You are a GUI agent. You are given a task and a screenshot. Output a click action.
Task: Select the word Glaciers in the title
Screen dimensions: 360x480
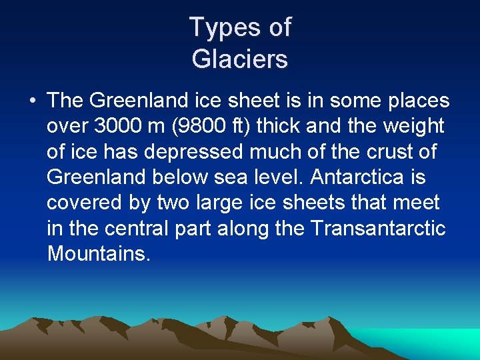click(240, 59)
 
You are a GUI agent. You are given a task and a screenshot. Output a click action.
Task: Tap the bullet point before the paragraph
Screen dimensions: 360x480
click(33, 101)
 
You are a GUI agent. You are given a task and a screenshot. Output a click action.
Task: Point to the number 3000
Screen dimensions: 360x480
click(118, 126)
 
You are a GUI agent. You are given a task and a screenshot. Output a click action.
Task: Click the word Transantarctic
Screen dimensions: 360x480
click(377, 228)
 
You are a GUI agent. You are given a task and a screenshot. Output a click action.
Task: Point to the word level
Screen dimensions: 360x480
click(275, 177)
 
